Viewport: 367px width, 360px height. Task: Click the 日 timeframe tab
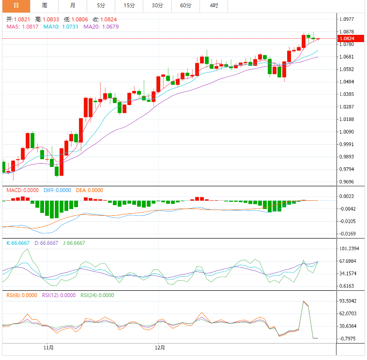coord(16,5)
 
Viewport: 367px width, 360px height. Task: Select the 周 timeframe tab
coord(45,5)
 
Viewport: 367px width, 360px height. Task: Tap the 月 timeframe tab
coord(73,5)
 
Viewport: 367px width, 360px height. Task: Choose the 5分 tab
coord(101,5)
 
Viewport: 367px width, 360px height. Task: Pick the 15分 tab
coord(129,5)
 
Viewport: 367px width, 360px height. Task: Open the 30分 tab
coord(157,5)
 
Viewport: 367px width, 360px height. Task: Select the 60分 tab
coord(185,5)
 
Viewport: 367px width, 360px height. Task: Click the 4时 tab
coord(214,5)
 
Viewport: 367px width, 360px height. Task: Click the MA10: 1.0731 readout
coord(61,27)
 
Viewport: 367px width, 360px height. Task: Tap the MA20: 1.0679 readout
coord(101,27)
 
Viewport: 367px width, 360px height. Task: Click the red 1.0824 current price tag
coord(349,38)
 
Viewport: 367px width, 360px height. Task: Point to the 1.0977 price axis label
coord(347,19)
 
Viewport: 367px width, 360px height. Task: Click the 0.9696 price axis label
coord(347,182)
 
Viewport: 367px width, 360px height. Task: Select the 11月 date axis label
coord(48,347)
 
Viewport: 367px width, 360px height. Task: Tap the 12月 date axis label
coord(160,347)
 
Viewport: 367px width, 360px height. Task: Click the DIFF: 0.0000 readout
coord(57,190)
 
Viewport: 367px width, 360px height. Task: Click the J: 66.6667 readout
coord(73,243)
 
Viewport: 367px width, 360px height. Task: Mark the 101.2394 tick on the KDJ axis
coord(349,249)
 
